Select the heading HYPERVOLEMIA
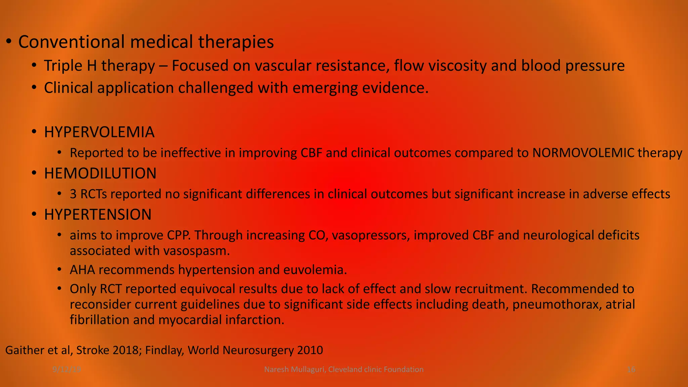point(99,132)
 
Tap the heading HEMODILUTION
point(100,173)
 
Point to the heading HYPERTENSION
point(98,215)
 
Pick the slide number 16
point(631,370)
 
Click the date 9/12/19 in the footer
point(67,370)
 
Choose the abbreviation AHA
point(82,270)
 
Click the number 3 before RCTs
point(73,194)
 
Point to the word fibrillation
point(99,320)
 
